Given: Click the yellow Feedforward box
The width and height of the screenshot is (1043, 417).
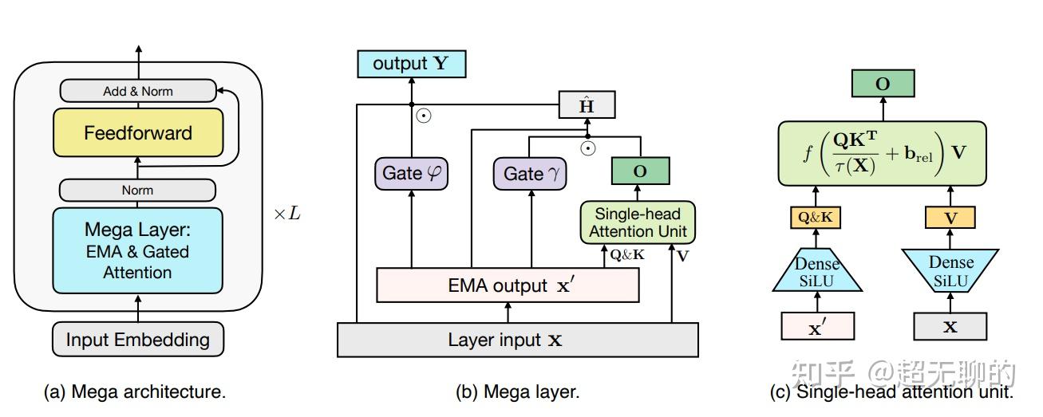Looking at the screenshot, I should [x=137, y=133].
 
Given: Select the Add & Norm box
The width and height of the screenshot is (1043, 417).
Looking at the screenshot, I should [x=137, y=91].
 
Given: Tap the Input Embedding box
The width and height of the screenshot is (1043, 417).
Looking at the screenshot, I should [x=137, y=340].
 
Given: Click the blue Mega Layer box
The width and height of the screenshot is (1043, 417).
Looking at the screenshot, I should [x=137, y=250].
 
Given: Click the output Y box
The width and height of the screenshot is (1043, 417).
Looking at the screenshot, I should [x=410, y=64].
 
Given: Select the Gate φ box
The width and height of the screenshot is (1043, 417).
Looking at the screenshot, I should [x=410, y=173].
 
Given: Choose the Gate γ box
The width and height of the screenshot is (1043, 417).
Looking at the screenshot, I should [x=529, y=173].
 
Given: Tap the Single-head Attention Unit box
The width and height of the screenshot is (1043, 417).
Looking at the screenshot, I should [x=638, y=222].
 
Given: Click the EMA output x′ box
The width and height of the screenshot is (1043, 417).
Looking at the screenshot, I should [x=508, y=285].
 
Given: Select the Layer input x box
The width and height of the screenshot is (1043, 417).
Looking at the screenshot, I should [x=518, y=340].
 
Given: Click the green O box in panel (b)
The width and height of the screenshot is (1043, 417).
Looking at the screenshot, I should [x=639, y=171].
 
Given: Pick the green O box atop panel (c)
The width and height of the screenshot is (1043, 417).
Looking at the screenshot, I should [x=883, y=84].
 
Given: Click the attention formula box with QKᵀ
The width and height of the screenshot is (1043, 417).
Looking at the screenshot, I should [x=883, y=154].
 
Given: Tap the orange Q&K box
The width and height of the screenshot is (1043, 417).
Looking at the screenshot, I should [x=816, y=217].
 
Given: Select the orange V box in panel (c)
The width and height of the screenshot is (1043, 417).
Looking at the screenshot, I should [x=950, y=217].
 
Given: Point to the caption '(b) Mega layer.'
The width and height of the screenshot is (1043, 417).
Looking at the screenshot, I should [x=517, y=391].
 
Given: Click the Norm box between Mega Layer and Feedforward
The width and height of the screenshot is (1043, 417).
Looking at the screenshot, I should [x=137, y=191].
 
